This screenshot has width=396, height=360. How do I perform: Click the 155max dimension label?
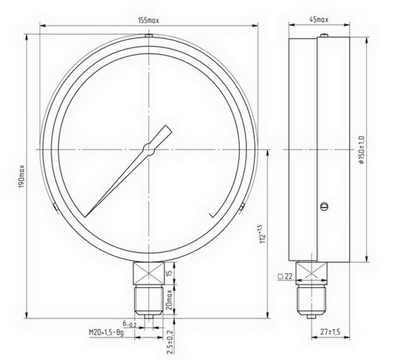148,20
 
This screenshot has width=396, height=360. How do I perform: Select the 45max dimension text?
319,19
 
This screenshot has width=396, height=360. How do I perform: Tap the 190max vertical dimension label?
22,176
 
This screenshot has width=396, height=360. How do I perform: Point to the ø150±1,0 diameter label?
361,149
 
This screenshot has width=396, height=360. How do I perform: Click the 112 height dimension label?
263,234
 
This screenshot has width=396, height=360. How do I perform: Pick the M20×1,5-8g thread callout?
107,333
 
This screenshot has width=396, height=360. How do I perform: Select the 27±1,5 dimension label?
330,332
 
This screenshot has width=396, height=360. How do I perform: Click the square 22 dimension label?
285,276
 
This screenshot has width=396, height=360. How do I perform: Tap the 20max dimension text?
169,300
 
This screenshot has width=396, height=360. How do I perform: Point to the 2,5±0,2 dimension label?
170,342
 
